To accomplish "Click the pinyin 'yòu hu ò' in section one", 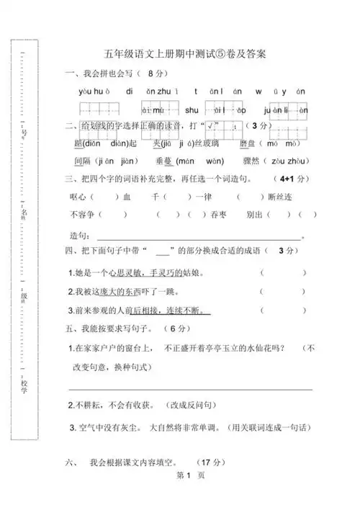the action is (x=93, y=91).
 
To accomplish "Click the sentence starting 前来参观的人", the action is (x=142, y=310).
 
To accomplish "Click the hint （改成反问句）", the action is (x=194, y=406).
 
